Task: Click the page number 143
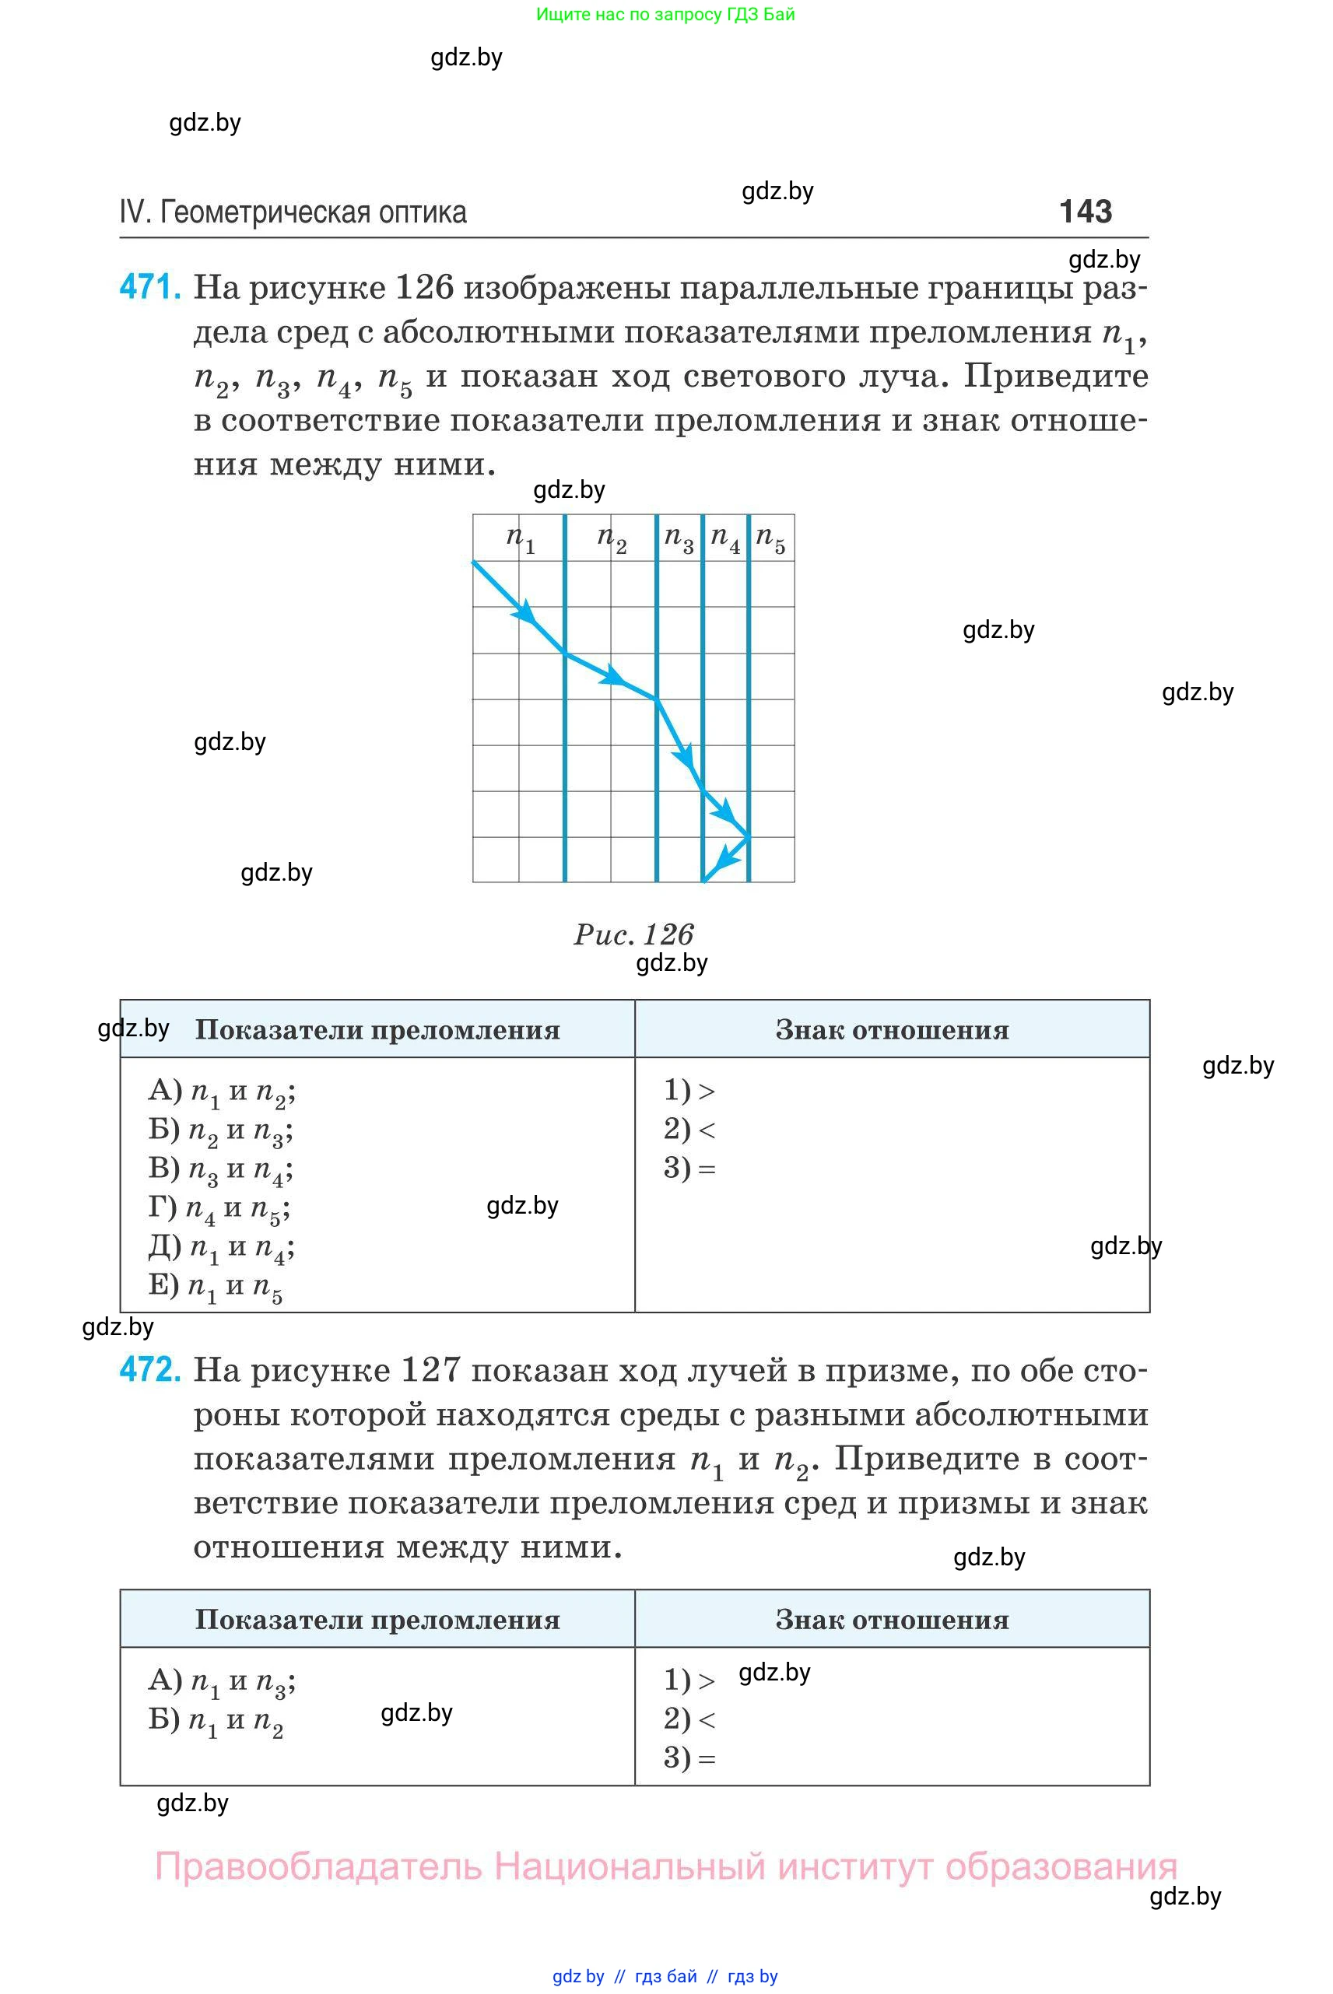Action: [1085, 212]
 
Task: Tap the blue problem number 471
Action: [149, 287]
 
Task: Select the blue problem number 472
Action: [149, 1370]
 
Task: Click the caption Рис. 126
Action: [633, 934]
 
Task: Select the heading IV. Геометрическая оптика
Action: [293, 212]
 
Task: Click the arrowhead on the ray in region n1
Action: [527, 612]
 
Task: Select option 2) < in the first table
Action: [689, 1130]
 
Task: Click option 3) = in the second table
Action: [689, 1757]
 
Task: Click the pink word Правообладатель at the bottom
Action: [318, 1866]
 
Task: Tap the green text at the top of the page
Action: [665, 15]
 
